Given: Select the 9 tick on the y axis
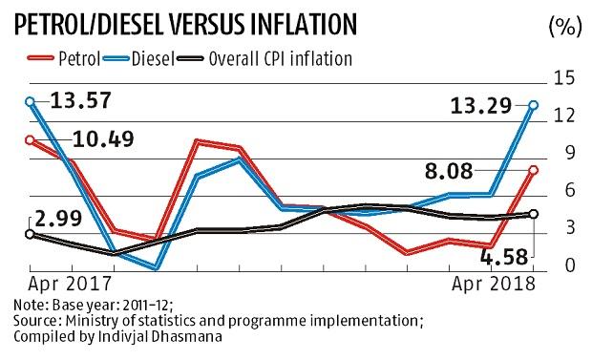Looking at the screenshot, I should click(571, 153).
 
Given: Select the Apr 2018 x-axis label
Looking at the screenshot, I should click(490, 284).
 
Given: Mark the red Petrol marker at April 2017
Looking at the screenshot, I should click(30, 140).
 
